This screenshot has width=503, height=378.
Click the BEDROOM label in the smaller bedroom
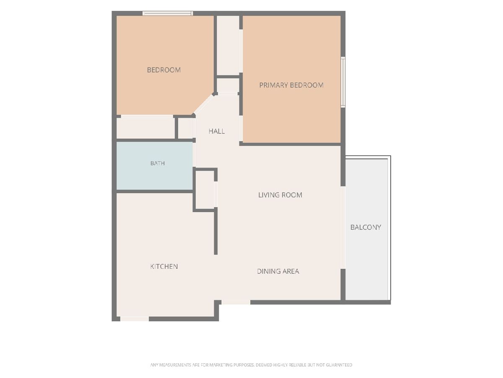pos(163,70)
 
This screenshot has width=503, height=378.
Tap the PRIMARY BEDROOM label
pos(291,85)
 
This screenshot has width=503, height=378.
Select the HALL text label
pos(217,131)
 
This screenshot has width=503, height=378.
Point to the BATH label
pos(158,163)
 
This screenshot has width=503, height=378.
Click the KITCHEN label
pos(164,266)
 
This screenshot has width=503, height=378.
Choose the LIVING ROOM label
pos(280,195)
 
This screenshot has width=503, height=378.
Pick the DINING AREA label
pos(278,271)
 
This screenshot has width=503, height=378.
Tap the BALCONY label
pos(366,227)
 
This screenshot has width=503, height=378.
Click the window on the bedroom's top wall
pos(168,13)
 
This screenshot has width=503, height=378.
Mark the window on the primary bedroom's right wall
pos(343,82)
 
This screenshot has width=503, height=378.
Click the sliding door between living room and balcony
pos(343,228)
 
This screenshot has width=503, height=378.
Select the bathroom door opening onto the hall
pos(194,155)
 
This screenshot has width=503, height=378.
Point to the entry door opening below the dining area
pos(236,302)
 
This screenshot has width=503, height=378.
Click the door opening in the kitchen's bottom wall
pos(135,319)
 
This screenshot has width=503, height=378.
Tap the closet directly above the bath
pos(146,128)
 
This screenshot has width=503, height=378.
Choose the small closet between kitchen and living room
pos(205,190)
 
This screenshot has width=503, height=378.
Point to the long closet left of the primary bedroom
pos(228,45)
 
